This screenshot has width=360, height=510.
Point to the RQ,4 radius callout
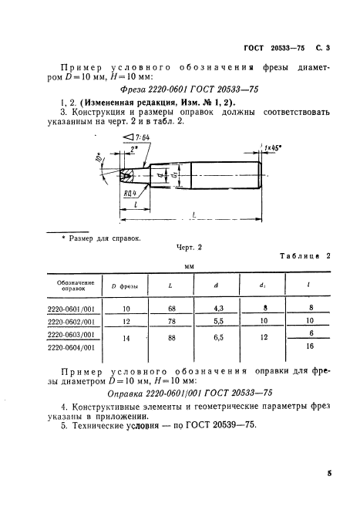131,194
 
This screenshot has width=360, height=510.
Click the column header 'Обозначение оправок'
76,286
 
